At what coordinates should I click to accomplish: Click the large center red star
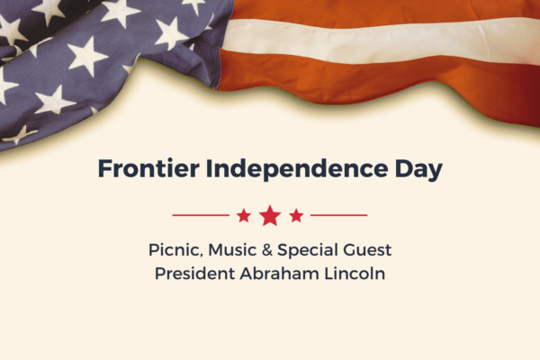270,216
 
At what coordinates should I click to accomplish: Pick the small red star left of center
244,216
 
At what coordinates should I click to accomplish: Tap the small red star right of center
296,216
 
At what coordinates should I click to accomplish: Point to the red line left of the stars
200,216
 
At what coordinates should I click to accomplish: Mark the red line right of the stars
339,216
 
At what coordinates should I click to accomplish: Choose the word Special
310,249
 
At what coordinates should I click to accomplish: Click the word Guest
369,249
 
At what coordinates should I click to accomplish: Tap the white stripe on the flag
378,38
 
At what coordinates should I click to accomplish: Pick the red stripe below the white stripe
378,76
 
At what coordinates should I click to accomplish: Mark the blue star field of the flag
90,54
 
